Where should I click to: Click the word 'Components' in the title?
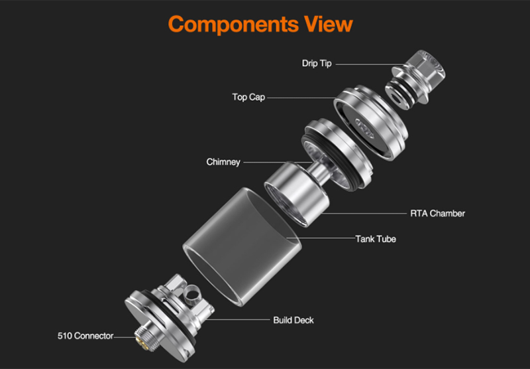click(x=233, y=25)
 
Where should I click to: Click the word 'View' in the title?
click(x=328, y=24)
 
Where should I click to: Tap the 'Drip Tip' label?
click(x=317, y=63)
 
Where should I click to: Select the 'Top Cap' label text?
click(x=248, y=97)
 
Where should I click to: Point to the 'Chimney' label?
click(x=223, y=162)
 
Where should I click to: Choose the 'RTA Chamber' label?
click(x=437, y=213)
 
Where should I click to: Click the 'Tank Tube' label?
click(x=376, y=239)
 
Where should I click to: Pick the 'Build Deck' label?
click(x=293, y=321)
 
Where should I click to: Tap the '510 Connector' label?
click(x=85, y=336)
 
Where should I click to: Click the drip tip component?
click(x=415, y=80)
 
